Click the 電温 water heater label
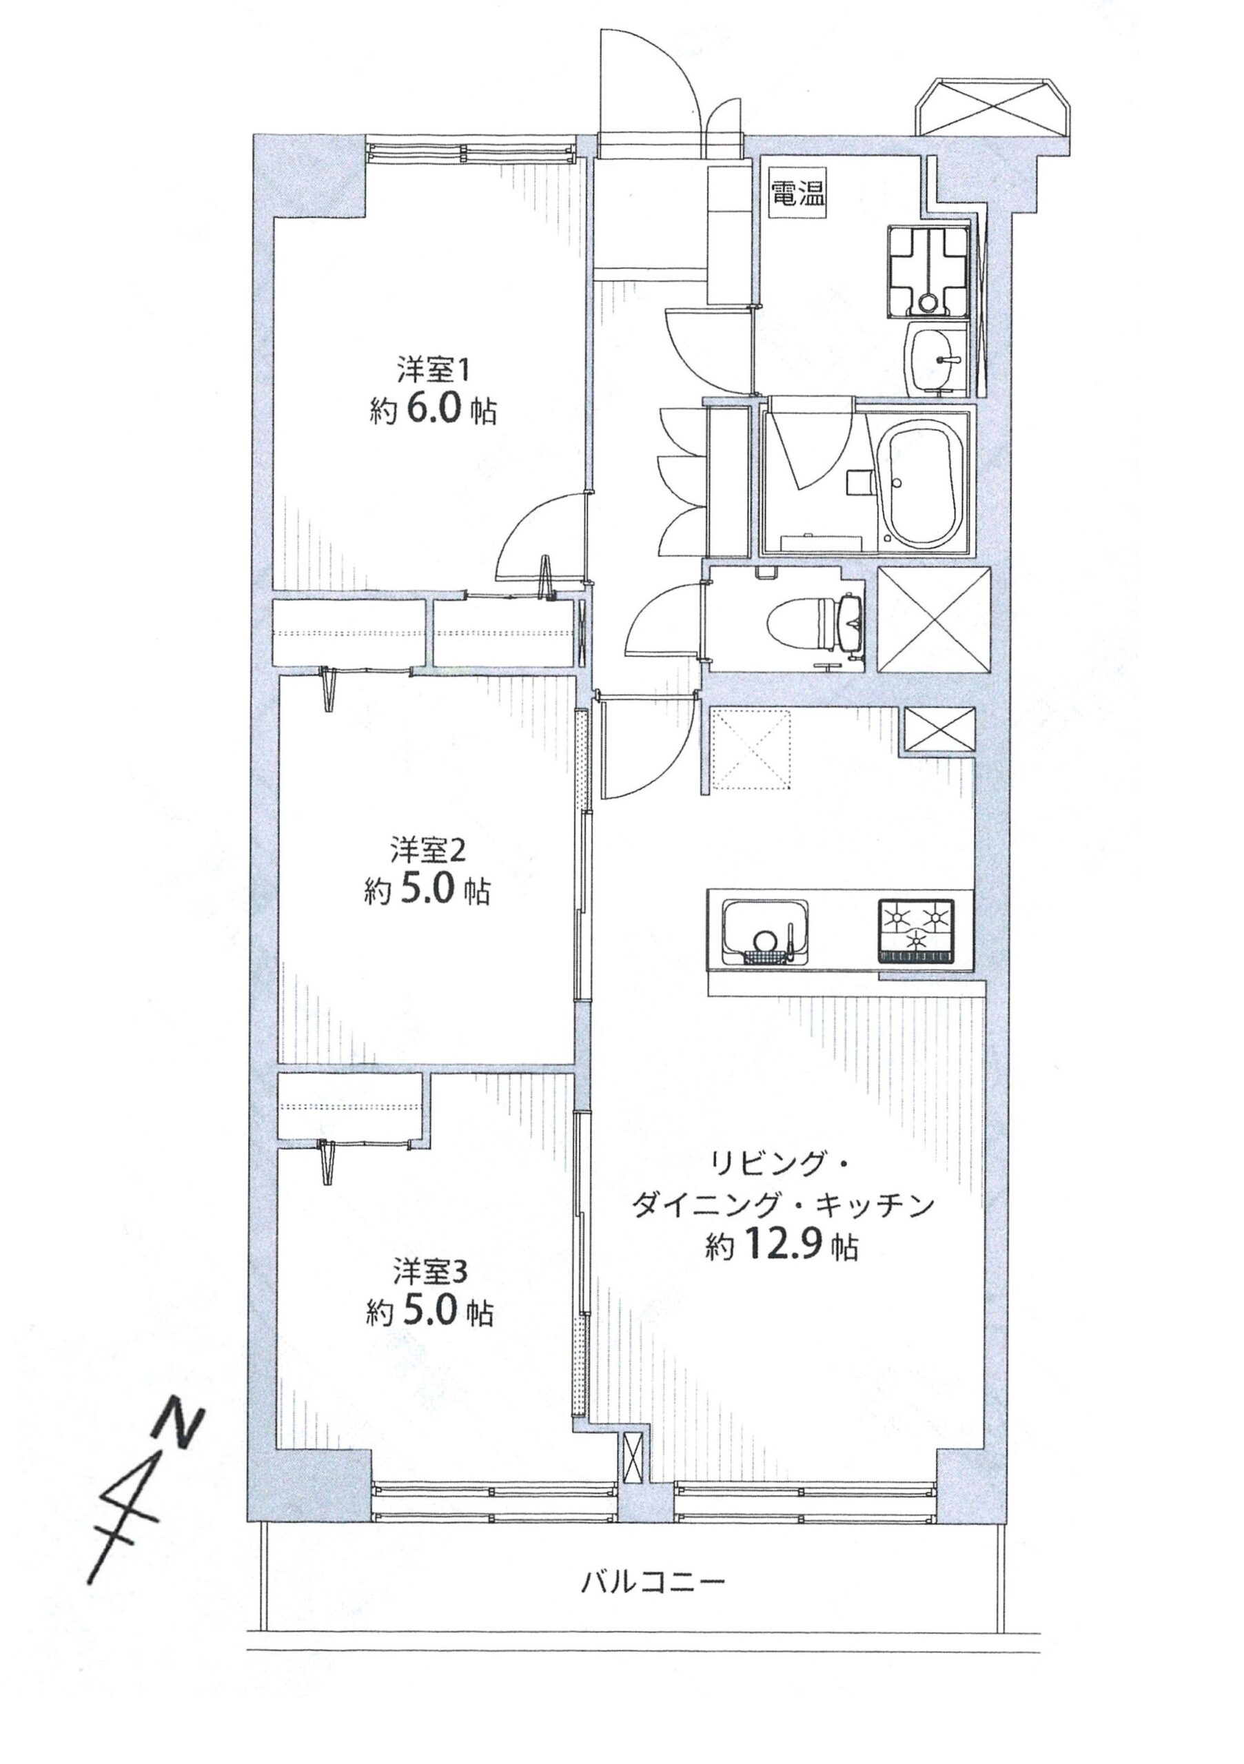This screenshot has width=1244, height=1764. [x=797, y=194]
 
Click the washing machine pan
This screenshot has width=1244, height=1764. [x=928, y=269]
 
